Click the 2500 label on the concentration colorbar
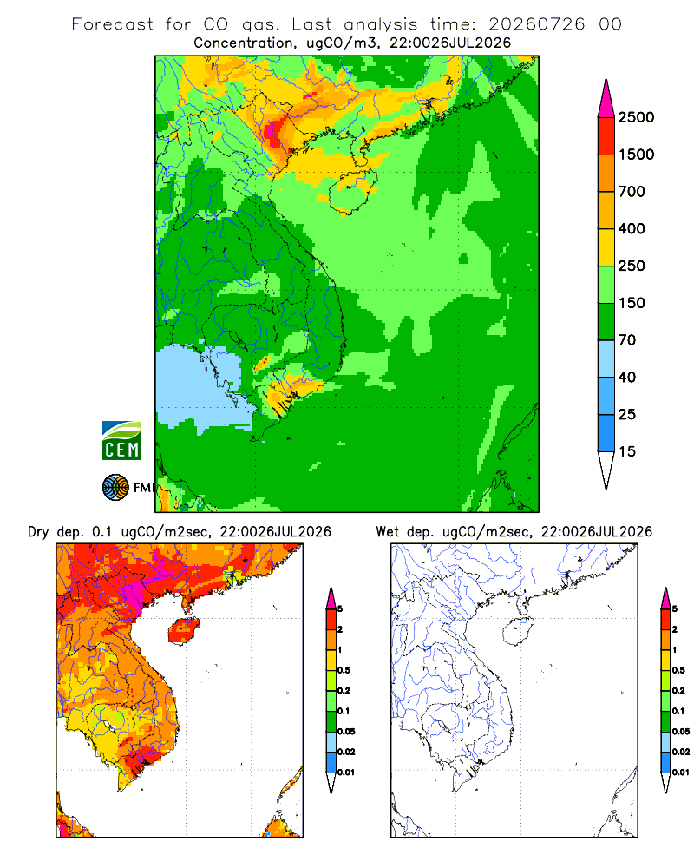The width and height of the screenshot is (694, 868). (636, 117)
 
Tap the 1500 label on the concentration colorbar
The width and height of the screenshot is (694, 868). (636, 155)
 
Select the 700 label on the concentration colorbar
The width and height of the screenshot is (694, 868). (632, 192)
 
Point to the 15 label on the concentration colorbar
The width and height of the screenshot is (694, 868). (627, 451)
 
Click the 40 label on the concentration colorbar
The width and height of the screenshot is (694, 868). (627, 377)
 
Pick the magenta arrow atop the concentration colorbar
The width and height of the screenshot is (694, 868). (606, 99)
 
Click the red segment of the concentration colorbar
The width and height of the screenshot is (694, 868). (606, 136)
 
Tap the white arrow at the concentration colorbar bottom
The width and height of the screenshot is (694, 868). (606, 470)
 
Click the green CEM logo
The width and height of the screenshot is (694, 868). (121, 441)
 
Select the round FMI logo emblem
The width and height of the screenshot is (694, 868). (115, 488)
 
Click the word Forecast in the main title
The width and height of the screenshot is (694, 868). (113, 24)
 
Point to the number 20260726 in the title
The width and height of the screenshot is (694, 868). (536, 24)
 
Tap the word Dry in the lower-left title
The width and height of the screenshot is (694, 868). (38, 532)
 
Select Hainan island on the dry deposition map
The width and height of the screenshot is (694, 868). (183, 631)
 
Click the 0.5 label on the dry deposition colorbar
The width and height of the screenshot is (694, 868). (344, 670)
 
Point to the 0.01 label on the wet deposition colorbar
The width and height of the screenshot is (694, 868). (681, 773)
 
